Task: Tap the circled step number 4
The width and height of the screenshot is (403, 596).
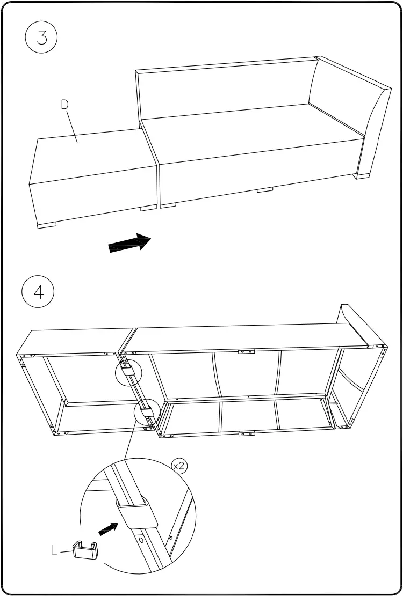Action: pos(38,292)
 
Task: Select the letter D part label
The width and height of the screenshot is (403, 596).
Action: pos(65,105)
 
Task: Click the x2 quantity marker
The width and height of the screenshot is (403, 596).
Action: pos(179,466)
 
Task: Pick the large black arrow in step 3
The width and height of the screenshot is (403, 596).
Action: pos(129,243)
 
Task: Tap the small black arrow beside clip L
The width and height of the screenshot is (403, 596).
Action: pos(108,529)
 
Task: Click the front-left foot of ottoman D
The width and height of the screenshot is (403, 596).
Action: pos(47,225)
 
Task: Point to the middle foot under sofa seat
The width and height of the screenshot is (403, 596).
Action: pos(265,189)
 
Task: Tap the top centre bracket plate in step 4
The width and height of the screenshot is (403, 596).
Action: pos(246,352)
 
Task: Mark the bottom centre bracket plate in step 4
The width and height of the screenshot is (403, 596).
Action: pos(246,433)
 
